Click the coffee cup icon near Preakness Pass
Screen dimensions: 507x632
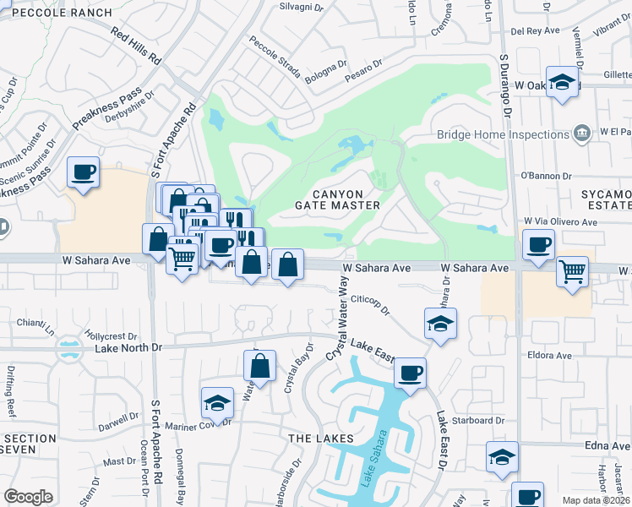pos(84,173)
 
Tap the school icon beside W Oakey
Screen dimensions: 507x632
pos(561,83)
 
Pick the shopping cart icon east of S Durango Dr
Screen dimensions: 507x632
pos(573,272)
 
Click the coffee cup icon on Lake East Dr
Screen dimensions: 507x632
pos(410,373)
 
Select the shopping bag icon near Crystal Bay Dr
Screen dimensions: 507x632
pos(260,367)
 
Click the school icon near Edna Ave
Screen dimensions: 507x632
pos(502,457)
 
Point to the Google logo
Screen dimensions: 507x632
pos(28,496)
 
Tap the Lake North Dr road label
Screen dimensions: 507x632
pos(116,346)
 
